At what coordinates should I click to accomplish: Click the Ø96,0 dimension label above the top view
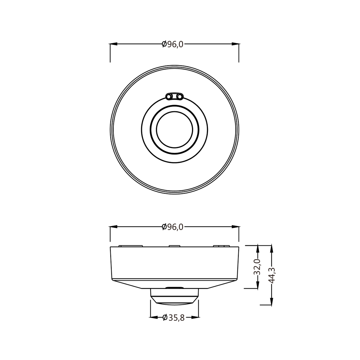(173, 44)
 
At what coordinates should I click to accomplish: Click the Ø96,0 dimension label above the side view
(173, 227)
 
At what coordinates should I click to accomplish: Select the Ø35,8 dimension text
(174, 318)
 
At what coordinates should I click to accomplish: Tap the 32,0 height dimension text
(257, 267)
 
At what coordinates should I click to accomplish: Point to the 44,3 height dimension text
(272, 275)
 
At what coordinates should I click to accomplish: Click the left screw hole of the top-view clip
(169, 97)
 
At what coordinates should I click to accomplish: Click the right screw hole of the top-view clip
(180, 97)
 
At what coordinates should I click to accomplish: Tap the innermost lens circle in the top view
(174, 130)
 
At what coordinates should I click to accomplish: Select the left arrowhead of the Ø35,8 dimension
(154, 317)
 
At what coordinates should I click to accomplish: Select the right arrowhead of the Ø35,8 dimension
(195, 317)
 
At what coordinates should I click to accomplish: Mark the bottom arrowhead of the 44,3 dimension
(272, 301)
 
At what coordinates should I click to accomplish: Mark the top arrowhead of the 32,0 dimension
(258, 249)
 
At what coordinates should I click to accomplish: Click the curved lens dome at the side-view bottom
(174, 304)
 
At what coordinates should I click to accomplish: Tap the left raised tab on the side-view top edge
(131, 246)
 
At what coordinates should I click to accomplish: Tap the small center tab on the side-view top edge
(174, 246)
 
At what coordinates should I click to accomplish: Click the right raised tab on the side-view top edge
(221, 246)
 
